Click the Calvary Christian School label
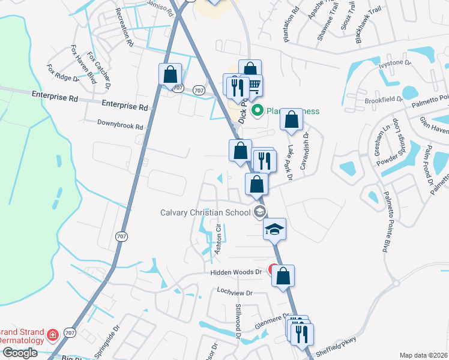click(x=205, y=212)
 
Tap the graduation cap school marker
click(x=274, y=229)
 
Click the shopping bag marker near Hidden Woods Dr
click(x=284, y=276)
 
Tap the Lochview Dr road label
click(x=236, y=293)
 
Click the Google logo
click(x=19, y=353)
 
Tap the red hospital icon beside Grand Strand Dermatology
click(x=53, y=334)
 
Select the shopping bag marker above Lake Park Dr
click(x=291, y=119)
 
